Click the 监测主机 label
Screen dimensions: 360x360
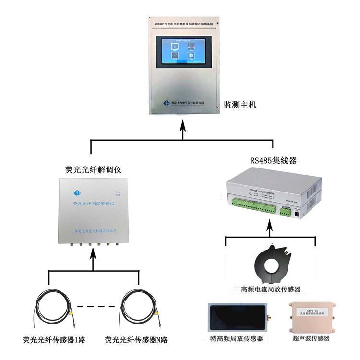tap(240, 104)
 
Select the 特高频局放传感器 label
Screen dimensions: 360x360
tap(237, 338)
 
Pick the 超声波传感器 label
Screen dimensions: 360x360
tap(312, 338)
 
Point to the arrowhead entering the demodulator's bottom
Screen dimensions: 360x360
tap(93, 253)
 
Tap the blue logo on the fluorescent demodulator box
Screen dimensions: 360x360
tap(77, 193)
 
